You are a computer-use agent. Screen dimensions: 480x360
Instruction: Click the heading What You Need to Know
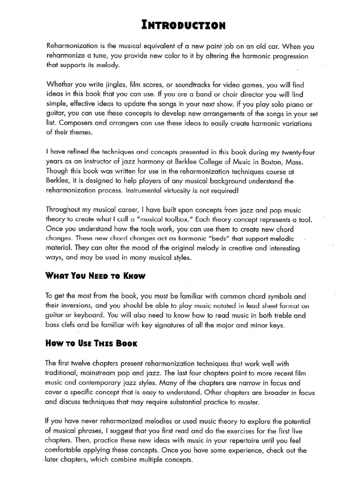pos(96,276)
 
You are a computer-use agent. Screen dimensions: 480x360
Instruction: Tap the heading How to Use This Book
pos(91,343)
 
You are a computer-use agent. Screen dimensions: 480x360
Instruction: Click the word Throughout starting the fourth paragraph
pos(66,210)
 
